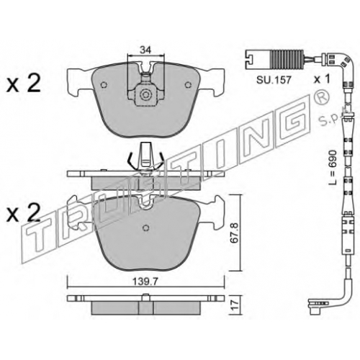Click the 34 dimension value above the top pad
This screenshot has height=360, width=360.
pos(145,50)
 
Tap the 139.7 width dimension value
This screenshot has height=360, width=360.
pos(145,282)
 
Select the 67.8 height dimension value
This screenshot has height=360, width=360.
pos(234,233)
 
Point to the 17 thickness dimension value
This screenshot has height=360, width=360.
pos(235,305)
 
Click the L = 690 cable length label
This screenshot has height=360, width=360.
pos(333,167)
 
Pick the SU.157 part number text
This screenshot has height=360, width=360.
pos(274,80)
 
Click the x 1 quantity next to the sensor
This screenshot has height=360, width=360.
pos(323,78)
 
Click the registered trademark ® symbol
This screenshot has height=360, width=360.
pos(320,98)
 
